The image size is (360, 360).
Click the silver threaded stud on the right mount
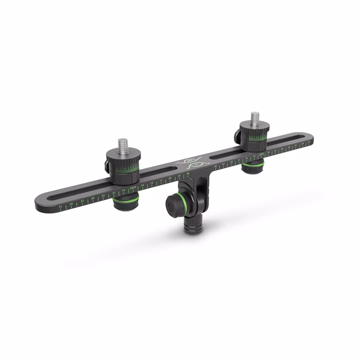(x=254, y=119)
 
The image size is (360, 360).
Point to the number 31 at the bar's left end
(x=61, y=206)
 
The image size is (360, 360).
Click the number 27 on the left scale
(x=83, y=201)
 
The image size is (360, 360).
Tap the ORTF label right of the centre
(x=262, y=154)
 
